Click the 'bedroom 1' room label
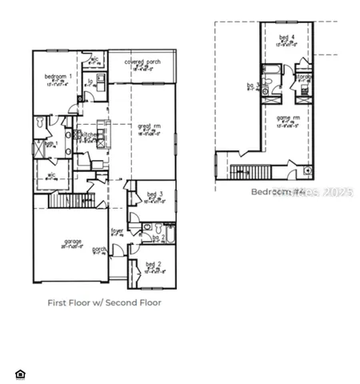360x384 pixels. pyautogui.click(x=58, y=76)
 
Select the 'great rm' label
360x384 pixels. pyautogui.click(x=149, y=126)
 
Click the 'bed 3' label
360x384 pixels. pyautogui.click(x=155, y=194)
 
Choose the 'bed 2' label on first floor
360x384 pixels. pyautogui.click(x=154, y=264)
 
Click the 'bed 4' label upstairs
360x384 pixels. pyautogui.click(x=286, y=38)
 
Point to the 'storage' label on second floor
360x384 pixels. pyautogui.click(x=304, y=78)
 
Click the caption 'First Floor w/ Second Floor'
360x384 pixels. pyautogui.click(x=104, y=302)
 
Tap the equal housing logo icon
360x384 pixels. pyautogui.click(x=20, y=373)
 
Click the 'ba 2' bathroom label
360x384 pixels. pyautogui.click(x=158, y=238)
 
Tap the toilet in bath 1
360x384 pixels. pyautogui.click(x=38, y=122)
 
